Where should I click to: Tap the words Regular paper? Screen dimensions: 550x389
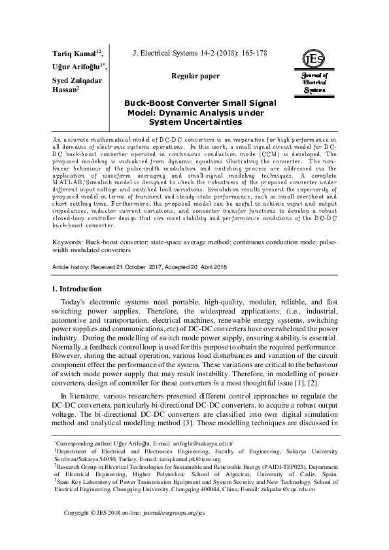tap(195, 76)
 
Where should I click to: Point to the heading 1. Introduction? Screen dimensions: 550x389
tap(76, 288)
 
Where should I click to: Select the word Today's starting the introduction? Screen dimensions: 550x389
tap(76, 304)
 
